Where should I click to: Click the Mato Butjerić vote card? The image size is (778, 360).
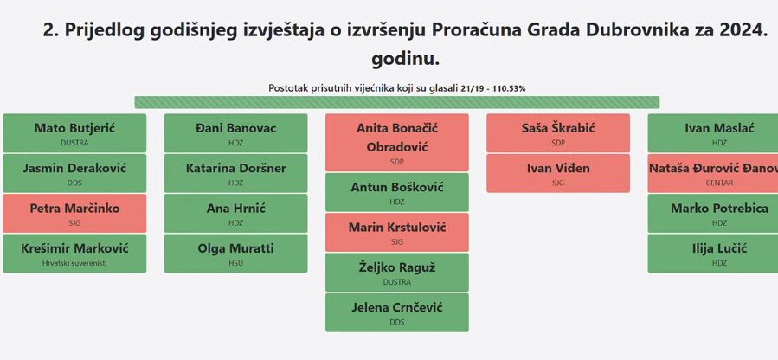[x=74, y=133]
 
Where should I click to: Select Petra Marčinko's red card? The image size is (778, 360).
[x=74, y=213]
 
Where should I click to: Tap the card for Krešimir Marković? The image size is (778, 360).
[x=74, y=254]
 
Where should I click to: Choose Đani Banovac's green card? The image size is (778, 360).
[x=235, y=133]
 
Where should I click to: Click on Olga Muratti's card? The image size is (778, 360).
[x=235, y=254]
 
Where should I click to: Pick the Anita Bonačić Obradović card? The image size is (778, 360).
[x=397, y=142]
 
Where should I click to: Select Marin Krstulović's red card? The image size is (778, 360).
[x=397, y=232]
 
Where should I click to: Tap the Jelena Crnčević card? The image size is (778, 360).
[x=397, y=312]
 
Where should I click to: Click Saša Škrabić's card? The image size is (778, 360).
[x=558, y=133]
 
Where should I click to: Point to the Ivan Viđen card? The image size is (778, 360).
[x=558, y=173]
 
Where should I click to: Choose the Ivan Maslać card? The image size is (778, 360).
[x=713, y=133]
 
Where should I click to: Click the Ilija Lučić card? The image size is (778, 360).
[x=713, y=254]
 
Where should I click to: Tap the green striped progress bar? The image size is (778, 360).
[x=397, y=102]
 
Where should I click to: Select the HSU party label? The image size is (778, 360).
[x=235, y=263]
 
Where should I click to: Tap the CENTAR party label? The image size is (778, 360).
[x=719, y=183]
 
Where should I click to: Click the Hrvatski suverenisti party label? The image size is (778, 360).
[x=74, y=263]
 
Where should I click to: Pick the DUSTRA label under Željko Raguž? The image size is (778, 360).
[x=397, y=282]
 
